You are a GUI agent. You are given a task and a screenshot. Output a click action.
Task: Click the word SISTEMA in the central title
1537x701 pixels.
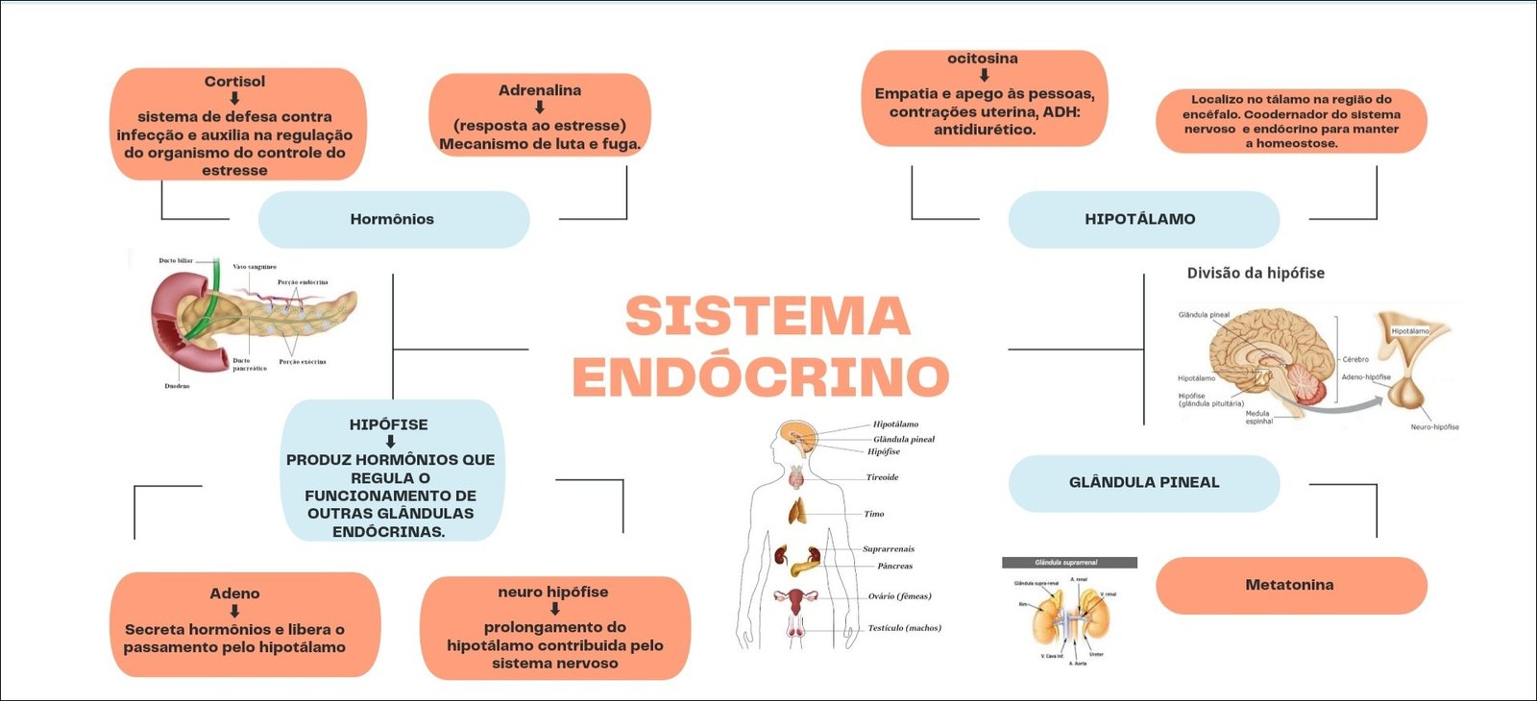pos(767,317)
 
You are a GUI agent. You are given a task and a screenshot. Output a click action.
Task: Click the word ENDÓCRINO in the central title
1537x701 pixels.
pos(761,375)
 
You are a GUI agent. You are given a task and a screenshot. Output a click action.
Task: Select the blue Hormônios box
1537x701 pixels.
pos(393,219)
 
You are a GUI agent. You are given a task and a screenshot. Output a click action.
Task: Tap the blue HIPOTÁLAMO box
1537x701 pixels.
pos(1142,219)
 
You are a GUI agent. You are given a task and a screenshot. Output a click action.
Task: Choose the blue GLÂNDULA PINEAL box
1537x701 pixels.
pos(1143,482)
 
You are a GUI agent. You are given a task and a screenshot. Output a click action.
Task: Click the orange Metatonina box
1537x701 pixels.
pos(1290,585)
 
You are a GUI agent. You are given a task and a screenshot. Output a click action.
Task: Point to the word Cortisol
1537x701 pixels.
pos(234,82)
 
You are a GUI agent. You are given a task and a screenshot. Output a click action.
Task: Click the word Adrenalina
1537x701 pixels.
pos(539,90)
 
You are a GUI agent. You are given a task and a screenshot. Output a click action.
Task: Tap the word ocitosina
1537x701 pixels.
pos(983,59)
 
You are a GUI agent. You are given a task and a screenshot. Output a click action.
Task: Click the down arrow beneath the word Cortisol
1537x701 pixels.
pos(234,98)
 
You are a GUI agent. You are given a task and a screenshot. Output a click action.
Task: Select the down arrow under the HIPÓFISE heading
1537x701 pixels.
pos(390,442)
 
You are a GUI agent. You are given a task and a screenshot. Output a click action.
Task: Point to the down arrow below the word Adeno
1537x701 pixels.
pos(234,611)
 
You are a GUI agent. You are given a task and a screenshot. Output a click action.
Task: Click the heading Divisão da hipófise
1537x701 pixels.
pos(1256,273)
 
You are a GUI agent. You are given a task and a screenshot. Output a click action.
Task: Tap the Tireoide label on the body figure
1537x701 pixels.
pos(882,477)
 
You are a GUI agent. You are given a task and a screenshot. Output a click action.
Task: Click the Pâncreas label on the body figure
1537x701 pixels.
pos(894,566)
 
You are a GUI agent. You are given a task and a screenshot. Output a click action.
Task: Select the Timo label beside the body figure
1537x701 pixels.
pos(873,514)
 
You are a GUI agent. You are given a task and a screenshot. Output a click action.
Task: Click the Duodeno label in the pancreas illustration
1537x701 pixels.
pos(177,386)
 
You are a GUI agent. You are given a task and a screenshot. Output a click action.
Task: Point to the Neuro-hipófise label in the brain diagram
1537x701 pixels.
pos(1434,427)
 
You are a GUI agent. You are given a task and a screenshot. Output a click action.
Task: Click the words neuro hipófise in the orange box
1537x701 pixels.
pos(552,592)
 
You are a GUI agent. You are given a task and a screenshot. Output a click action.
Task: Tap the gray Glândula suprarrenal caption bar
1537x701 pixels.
pos(1069,563)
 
